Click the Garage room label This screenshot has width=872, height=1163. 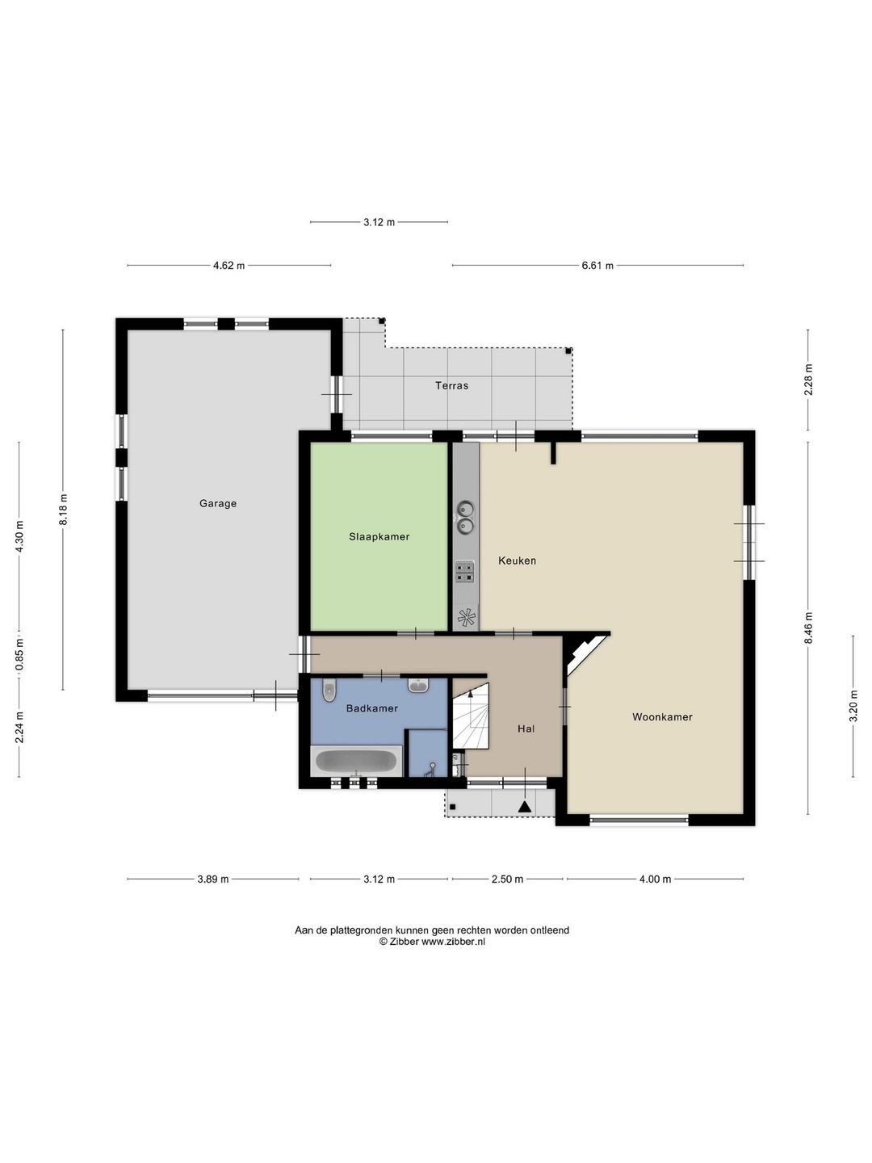point(218,503)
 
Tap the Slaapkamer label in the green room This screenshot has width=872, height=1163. point(379,536)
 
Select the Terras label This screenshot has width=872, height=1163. point(451,386)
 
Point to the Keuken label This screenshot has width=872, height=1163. point(517,561)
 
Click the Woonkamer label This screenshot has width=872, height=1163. point(662,717)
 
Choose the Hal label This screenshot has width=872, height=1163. point(526,728)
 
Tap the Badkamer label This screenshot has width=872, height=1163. point(371,707)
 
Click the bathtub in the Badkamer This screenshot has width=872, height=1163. point(356,762)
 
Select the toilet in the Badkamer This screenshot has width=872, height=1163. point(329,690)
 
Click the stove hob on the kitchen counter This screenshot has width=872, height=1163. point(465,571)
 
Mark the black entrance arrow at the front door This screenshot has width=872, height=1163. point(524,806)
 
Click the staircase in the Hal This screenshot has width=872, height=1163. point(471,716)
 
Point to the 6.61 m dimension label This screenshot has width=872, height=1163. point(597,266)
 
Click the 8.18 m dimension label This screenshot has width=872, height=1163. point(63,509)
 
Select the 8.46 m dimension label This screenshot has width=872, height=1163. point(808,628)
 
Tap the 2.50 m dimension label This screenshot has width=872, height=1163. point(507,879)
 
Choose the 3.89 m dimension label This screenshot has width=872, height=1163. point(213,879)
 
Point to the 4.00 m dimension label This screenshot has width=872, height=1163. point(655,879)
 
